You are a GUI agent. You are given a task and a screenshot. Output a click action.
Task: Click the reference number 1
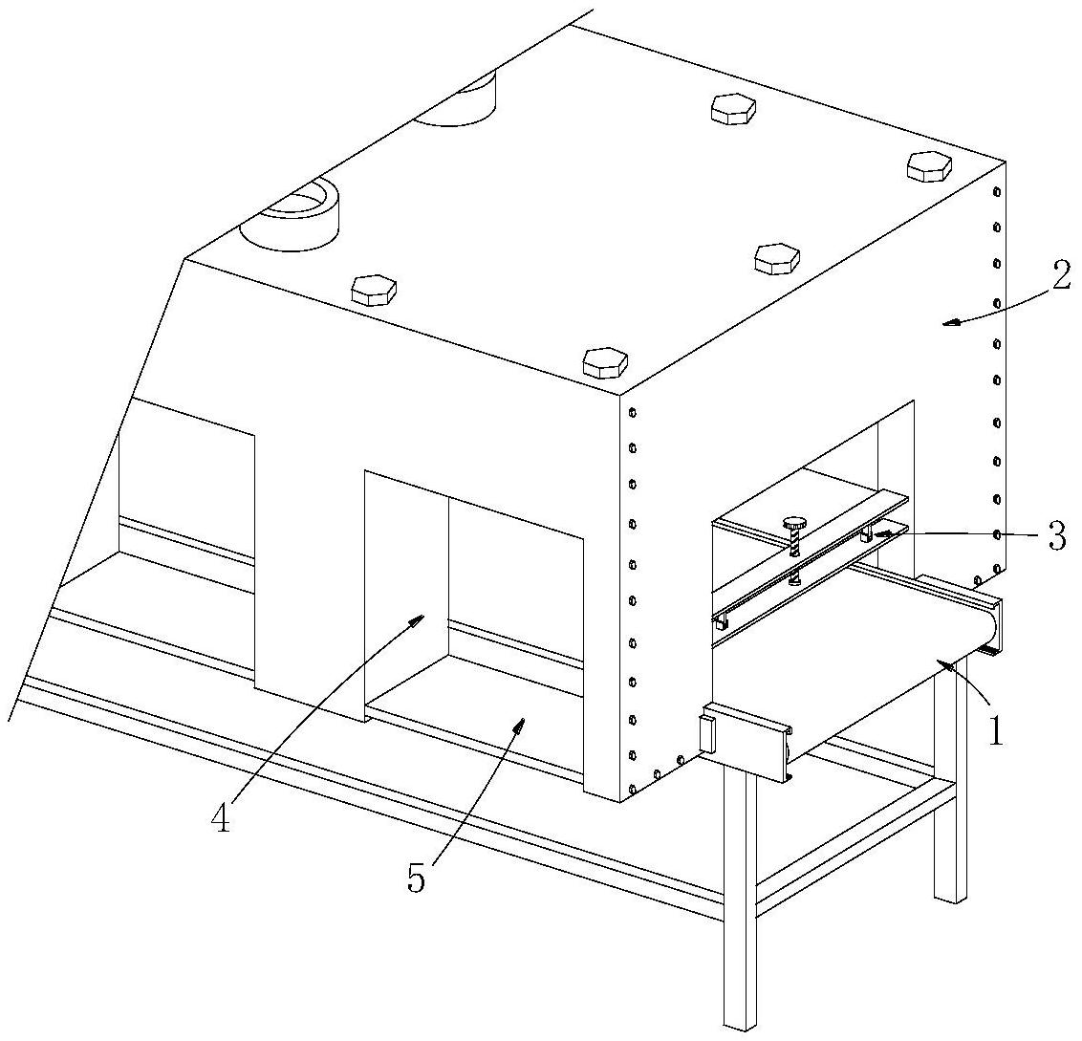coord(995,731)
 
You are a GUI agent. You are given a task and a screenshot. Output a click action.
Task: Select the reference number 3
coord(1056,535)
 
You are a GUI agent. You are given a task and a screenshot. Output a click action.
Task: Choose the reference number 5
coord(416,878)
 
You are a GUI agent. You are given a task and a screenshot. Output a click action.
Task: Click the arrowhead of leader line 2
coord(952,320)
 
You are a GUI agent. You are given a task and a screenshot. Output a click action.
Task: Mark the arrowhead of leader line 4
coord(416,618)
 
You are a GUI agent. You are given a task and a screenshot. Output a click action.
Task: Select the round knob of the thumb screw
coord(794,523)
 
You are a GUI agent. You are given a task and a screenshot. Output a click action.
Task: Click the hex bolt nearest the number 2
coord(929,166)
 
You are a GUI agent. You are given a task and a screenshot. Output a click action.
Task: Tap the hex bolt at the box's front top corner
coord(605,363)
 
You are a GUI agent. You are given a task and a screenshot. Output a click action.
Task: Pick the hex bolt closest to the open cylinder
coord(374,290)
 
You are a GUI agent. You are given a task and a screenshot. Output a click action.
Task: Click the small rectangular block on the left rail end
coord(707,734)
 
